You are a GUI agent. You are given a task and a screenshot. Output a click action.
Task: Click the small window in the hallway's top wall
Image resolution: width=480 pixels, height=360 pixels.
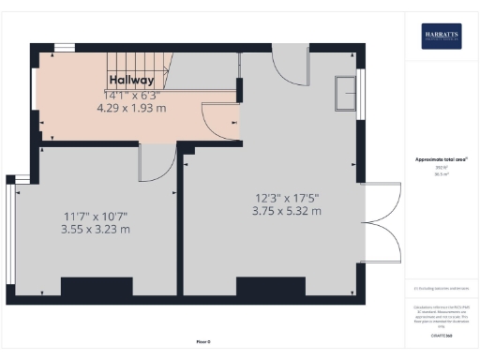[65, 48]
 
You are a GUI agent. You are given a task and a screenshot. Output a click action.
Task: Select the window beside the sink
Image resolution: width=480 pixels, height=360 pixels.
[359, 94]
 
